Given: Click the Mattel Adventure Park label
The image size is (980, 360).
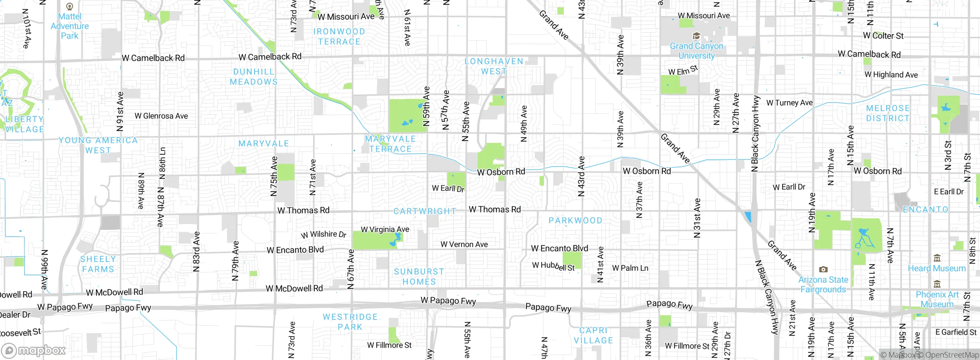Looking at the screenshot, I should point(70,26).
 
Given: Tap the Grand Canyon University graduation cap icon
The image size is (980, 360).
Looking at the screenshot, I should point(696,36).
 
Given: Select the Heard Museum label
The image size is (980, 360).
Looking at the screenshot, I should point(937,268).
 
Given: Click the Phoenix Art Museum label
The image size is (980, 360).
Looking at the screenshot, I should point(937,299).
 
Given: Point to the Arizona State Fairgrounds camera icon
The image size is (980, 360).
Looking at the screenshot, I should point(823,270).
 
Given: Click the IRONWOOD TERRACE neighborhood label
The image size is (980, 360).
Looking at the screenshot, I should point(339,37).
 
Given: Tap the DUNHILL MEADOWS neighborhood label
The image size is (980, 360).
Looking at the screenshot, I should point(254,77).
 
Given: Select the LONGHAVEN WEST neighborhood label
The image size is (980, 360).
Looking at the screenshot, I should point(494,66).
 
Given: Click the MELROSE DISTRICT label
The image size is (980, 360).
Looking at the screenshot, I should point(888,113).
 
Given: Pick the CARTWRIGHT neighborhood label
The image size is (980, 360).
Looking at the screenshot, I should point(425,211).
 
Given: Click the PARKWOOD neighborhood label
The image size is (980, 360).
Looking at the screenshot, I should point(575,221).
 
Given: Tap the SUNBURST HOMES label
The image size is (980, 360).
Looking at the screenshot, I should point(419,277).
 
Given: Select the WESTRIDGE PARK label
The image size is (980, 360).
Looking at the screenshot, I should point(350,322).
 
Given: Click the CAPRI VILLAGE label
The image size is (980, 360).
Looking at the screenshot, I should point(593,335).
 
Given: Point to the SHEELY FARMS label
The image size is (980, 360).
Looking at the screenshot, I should point(98,264).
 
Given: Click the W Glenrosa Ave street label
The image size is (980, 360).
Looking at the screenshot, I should point(161,116).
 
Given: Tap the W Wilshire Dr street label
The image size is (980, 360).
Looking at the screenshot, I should point(323,234).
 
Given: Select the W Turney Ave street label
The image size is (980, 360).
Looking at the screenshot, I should point(789,103).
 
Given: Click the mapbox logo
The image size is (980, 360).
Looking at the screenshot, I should point(34,350).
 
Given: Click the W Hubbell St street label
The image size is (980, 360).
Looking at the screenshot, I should point(554,266).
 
